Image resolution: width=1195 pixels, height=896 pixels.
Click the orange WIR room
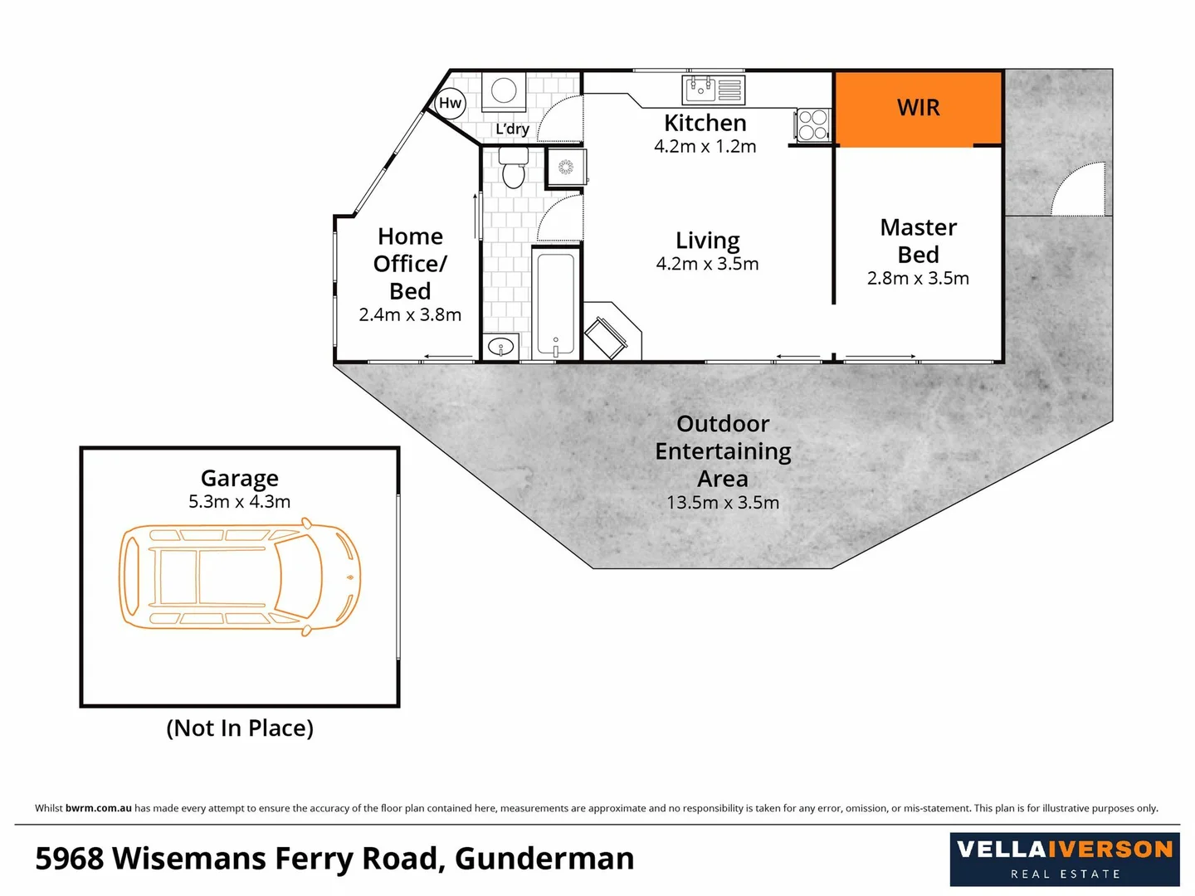(918, 109)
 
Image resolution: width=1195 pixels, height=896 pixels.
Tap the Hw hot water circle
(450, 103)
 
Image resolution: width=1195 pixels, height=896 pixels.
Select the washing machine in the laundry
(503, 91)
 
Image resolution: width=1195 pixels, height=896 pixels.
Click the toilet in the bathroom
(514, 168)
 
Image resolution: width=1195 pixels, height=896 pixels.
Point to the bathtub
(555, 304)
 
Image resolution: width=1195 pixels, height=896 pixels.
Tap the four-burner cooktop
(813, 124)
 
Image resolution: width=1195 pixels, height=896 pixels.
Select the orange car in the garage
(240, 577)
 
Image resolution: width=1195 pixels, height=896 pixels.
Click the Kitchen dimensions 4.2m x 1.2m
(705, 147)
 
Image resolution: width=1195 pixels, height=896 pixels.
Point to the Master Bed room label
(918, 241)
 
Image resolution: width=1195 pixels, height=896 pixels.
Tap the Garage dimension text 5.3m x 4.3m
(239, 502)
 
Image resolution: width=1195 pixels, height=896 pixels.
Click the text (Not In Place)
(240, 728)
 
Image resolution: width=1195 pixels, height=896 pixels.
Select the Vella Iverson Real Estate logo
(1065, 859)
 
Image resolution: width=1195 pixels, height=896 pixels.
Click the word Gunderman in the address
(544, 859)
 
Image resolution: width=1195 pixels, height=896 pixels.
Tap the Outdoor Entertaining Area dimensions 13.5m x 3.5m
(723, 503)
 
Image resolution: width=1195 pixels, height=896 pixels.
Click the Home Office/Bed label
(410, 264)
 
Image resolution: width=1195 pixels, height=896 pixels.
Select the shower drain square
(566, 168)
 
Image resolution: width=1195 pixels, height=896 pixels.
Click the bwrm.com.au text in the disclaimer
(98, 808)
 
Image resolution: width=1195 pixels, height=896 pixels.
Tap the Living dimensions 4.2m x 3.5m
(707, 265)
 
